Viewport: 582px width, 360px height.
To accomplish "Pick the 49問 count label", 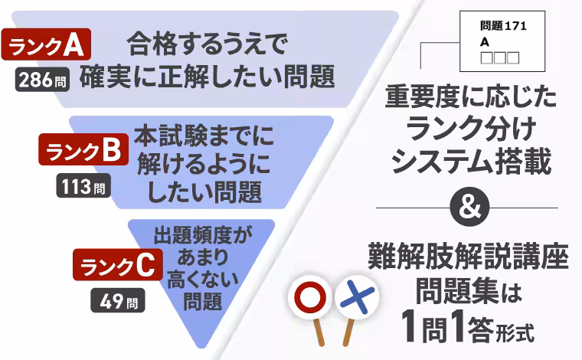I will pos(119,299).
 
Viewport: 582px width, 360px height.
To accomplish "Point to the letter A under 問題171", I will pos(485,42).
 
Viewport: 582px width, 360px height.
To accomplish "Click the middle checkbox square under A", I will pos(500,57).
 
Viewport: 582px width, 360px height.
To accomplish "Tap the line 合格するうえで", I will pos(208,45).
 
